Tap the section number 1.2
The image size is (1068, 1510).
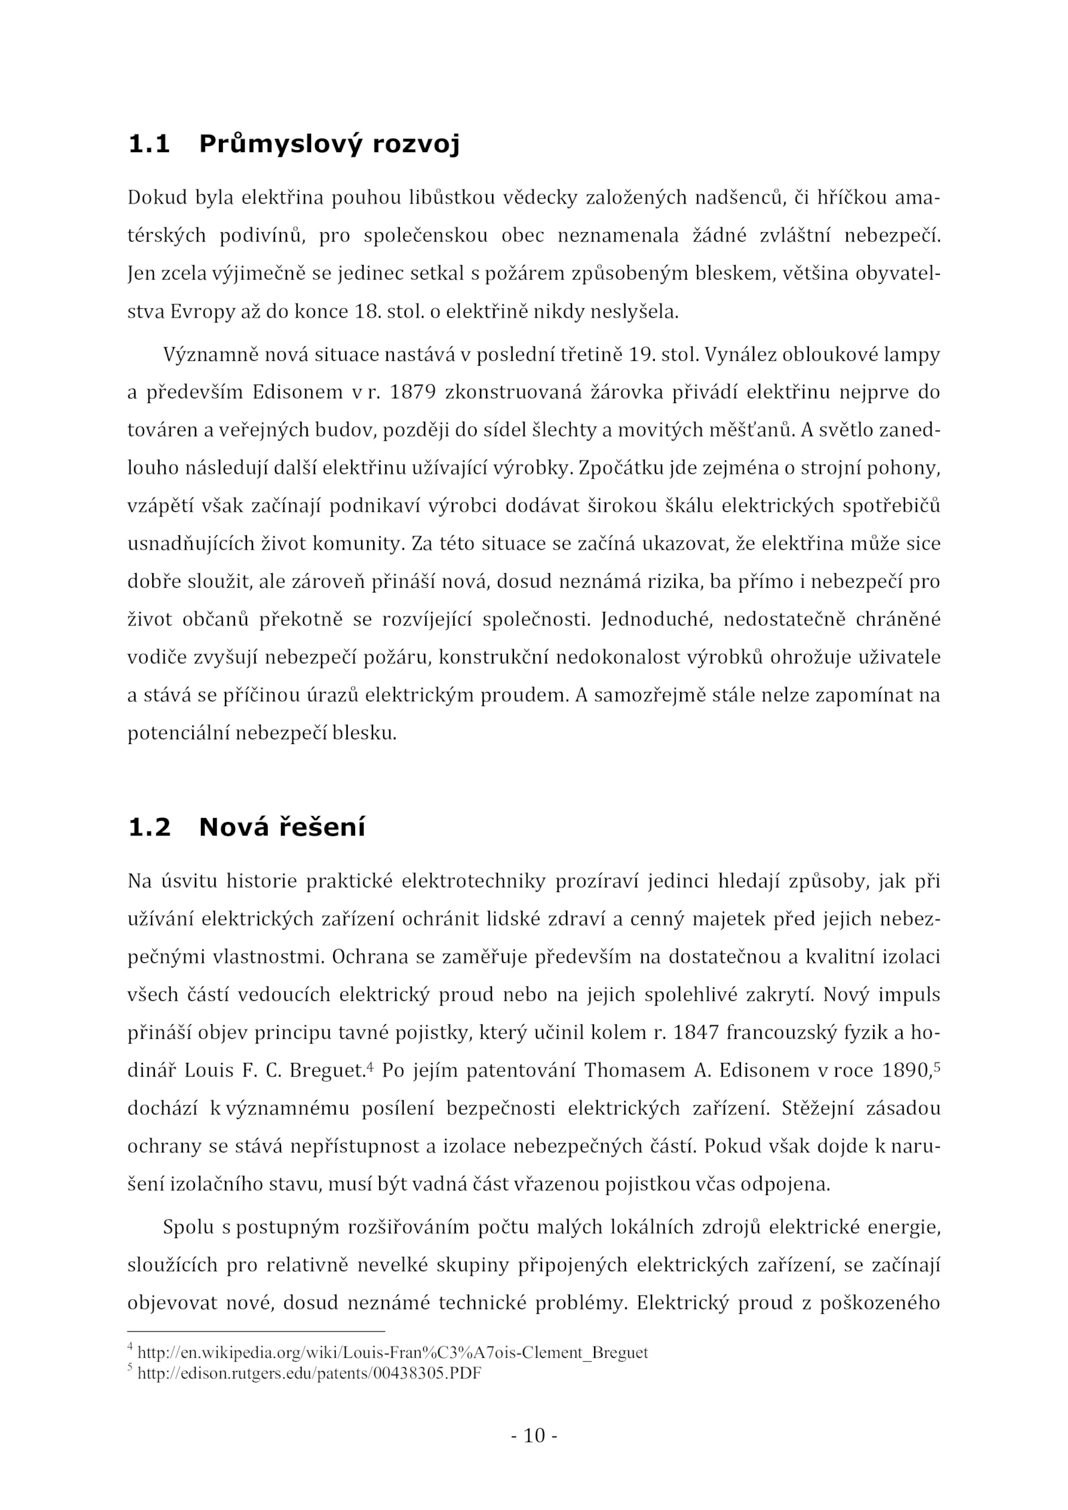pyautogui.click(x=148, y=827)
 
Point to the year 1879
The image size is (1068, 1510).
pyautogui.click(x=413, y=392)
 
